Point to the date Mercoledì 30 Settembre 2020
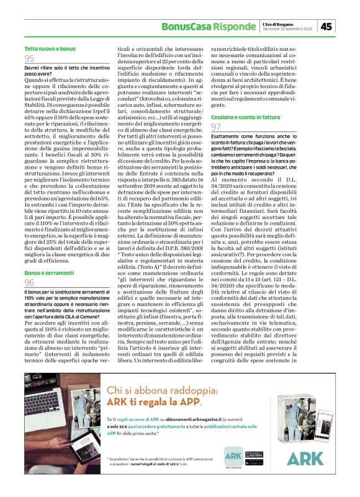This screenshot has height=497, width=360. coord(289,29)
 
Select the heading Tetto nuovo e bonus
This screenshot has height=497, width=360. coord(50,48)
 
